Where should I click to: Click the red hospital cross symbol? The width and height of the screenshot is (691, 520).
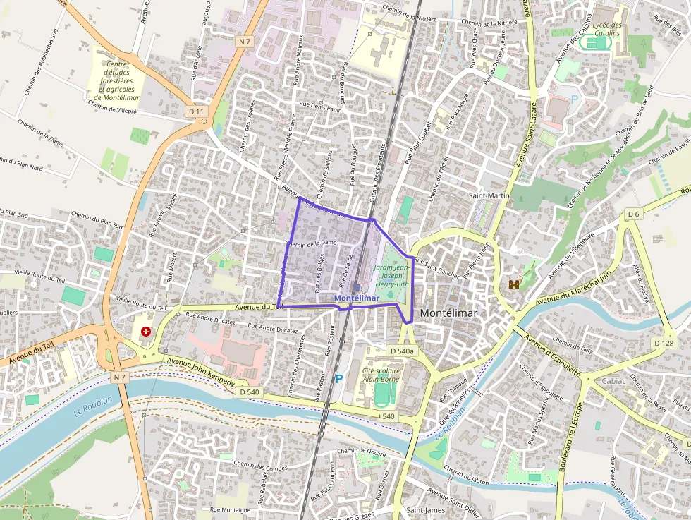click(145, 331)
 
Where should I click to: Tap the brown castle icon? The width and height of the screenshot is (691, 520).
click(515, 284)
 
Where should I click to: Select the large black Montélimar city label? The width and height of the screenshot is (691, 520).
click(448, 313)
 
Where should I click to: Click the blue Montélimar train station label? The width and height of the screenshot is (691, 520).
click(357, 298)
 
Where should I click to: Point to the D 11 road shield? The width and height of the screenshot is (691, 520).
click(196, 111)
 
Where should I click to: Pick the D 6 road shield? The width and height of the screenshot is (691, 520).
click(633, 214)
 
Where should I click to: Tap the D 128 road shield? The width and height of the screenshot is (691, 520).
click(664, 343)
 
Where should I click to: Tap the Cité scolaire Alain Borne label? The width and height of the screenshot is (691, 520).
click(381, 375)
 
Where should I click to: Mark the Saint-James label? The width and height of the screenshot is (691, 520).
click(424, 509)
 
